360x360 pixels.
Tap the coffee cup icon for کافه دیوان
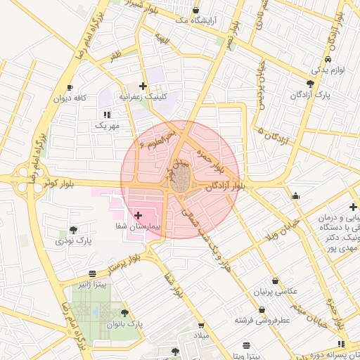point(70,87)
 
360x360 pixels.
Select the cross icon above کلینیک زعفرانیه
point(143,86)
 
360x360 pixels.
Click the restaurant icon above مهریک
point(106,114)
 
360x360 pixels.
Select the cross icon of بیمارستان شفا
point(137,215)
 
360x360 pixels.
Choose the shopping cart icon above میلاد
point(201,326)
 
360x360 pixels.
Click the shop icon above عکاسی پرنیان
point(274,280)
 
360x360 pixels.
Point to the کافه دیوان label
point(71,98)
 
